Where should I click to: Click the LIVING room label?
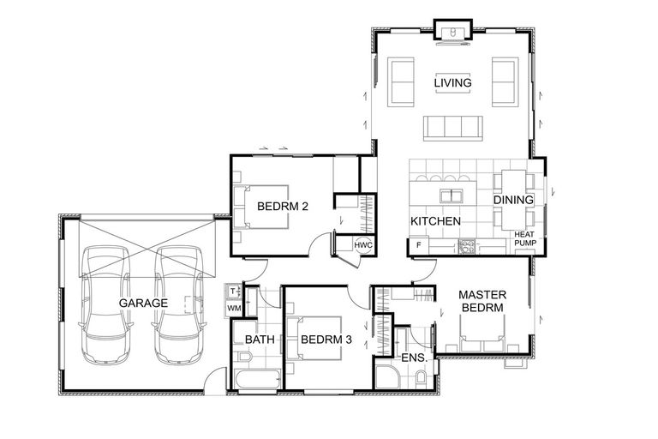452,82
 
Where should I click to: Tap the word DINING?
513,200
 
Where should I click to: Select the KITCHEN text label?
435,221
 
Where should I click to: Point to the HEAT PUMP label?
524,238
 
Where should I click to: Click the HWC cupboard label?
363,246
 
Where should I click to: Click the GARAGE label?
142,303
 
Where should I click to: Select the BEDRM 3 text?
326,340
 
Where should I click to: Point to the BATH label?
260,340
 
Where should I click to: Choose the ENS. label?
413,357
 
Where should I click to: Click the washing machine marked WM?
234,308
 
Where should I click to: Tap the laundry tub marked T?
233,292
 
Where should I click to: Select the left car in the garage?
103,305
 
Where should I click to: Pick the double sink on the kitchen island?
449,195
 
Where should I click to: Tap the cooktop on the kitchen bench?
467,247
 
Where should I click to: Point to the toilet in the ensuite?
422,378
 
